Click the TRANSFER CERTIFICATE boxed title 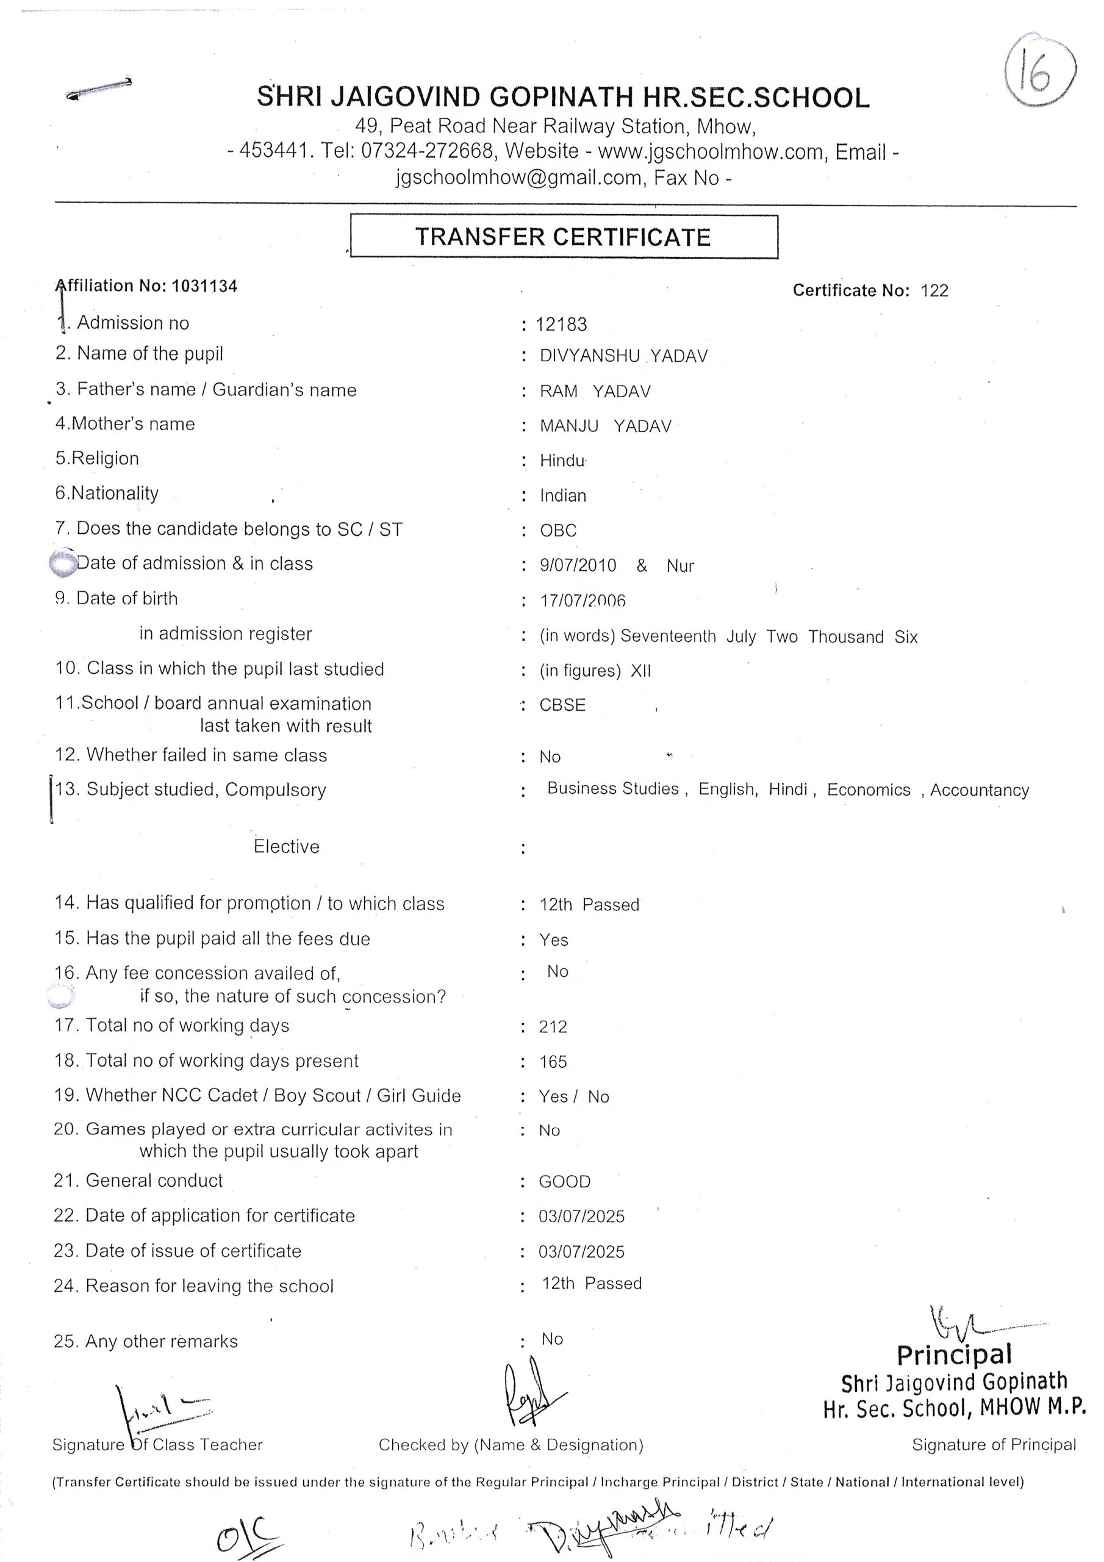pyautogui.click(x=563, y=237)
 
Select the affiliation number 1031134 pyautogui.click(x=204, y=286)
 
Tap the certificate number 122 pyautogui.click(x=934, y=290)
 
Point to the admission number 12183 pyautogui.click(x=561, y=325)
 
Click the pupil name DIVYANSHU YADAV pyautogui.click(x=623, y=356)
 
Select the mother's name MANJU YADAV pyautogui.click(x=606, y=426)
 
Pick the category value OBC pyautogui.click(x=557, y=530)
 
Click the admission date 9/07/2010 pyautogui.click(x=578, y=566)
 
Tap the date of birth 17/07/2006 pyautogui.click(x=582, y=601)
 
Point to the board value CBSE pyautogui.click(x=562, y=705)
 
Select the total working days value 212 pyautogui.click(x=553, y=1027)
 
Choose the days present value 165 pyautogui.click(x=553, y=1062)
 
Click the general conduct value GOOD pyautogui.click(x=565, y=1182)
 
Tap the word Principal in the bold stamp pyautogui.click(x=954, y=1355)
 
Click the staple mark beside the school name pyautogui.click(x=99, y=88)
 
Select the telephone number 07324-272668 pyautogui.click(x=426, y=151)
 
